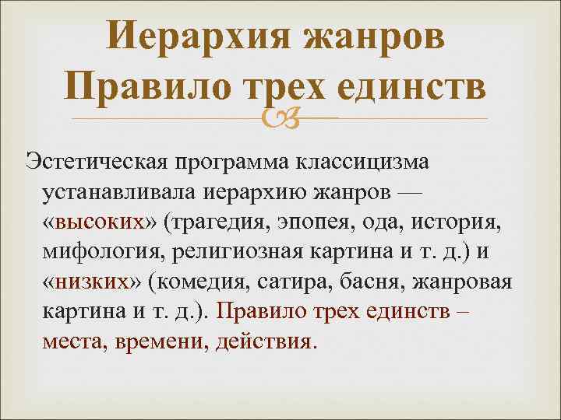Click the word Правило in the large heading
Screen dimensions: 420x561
145,86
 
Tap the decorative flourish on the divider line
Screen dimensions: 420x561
280,118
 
